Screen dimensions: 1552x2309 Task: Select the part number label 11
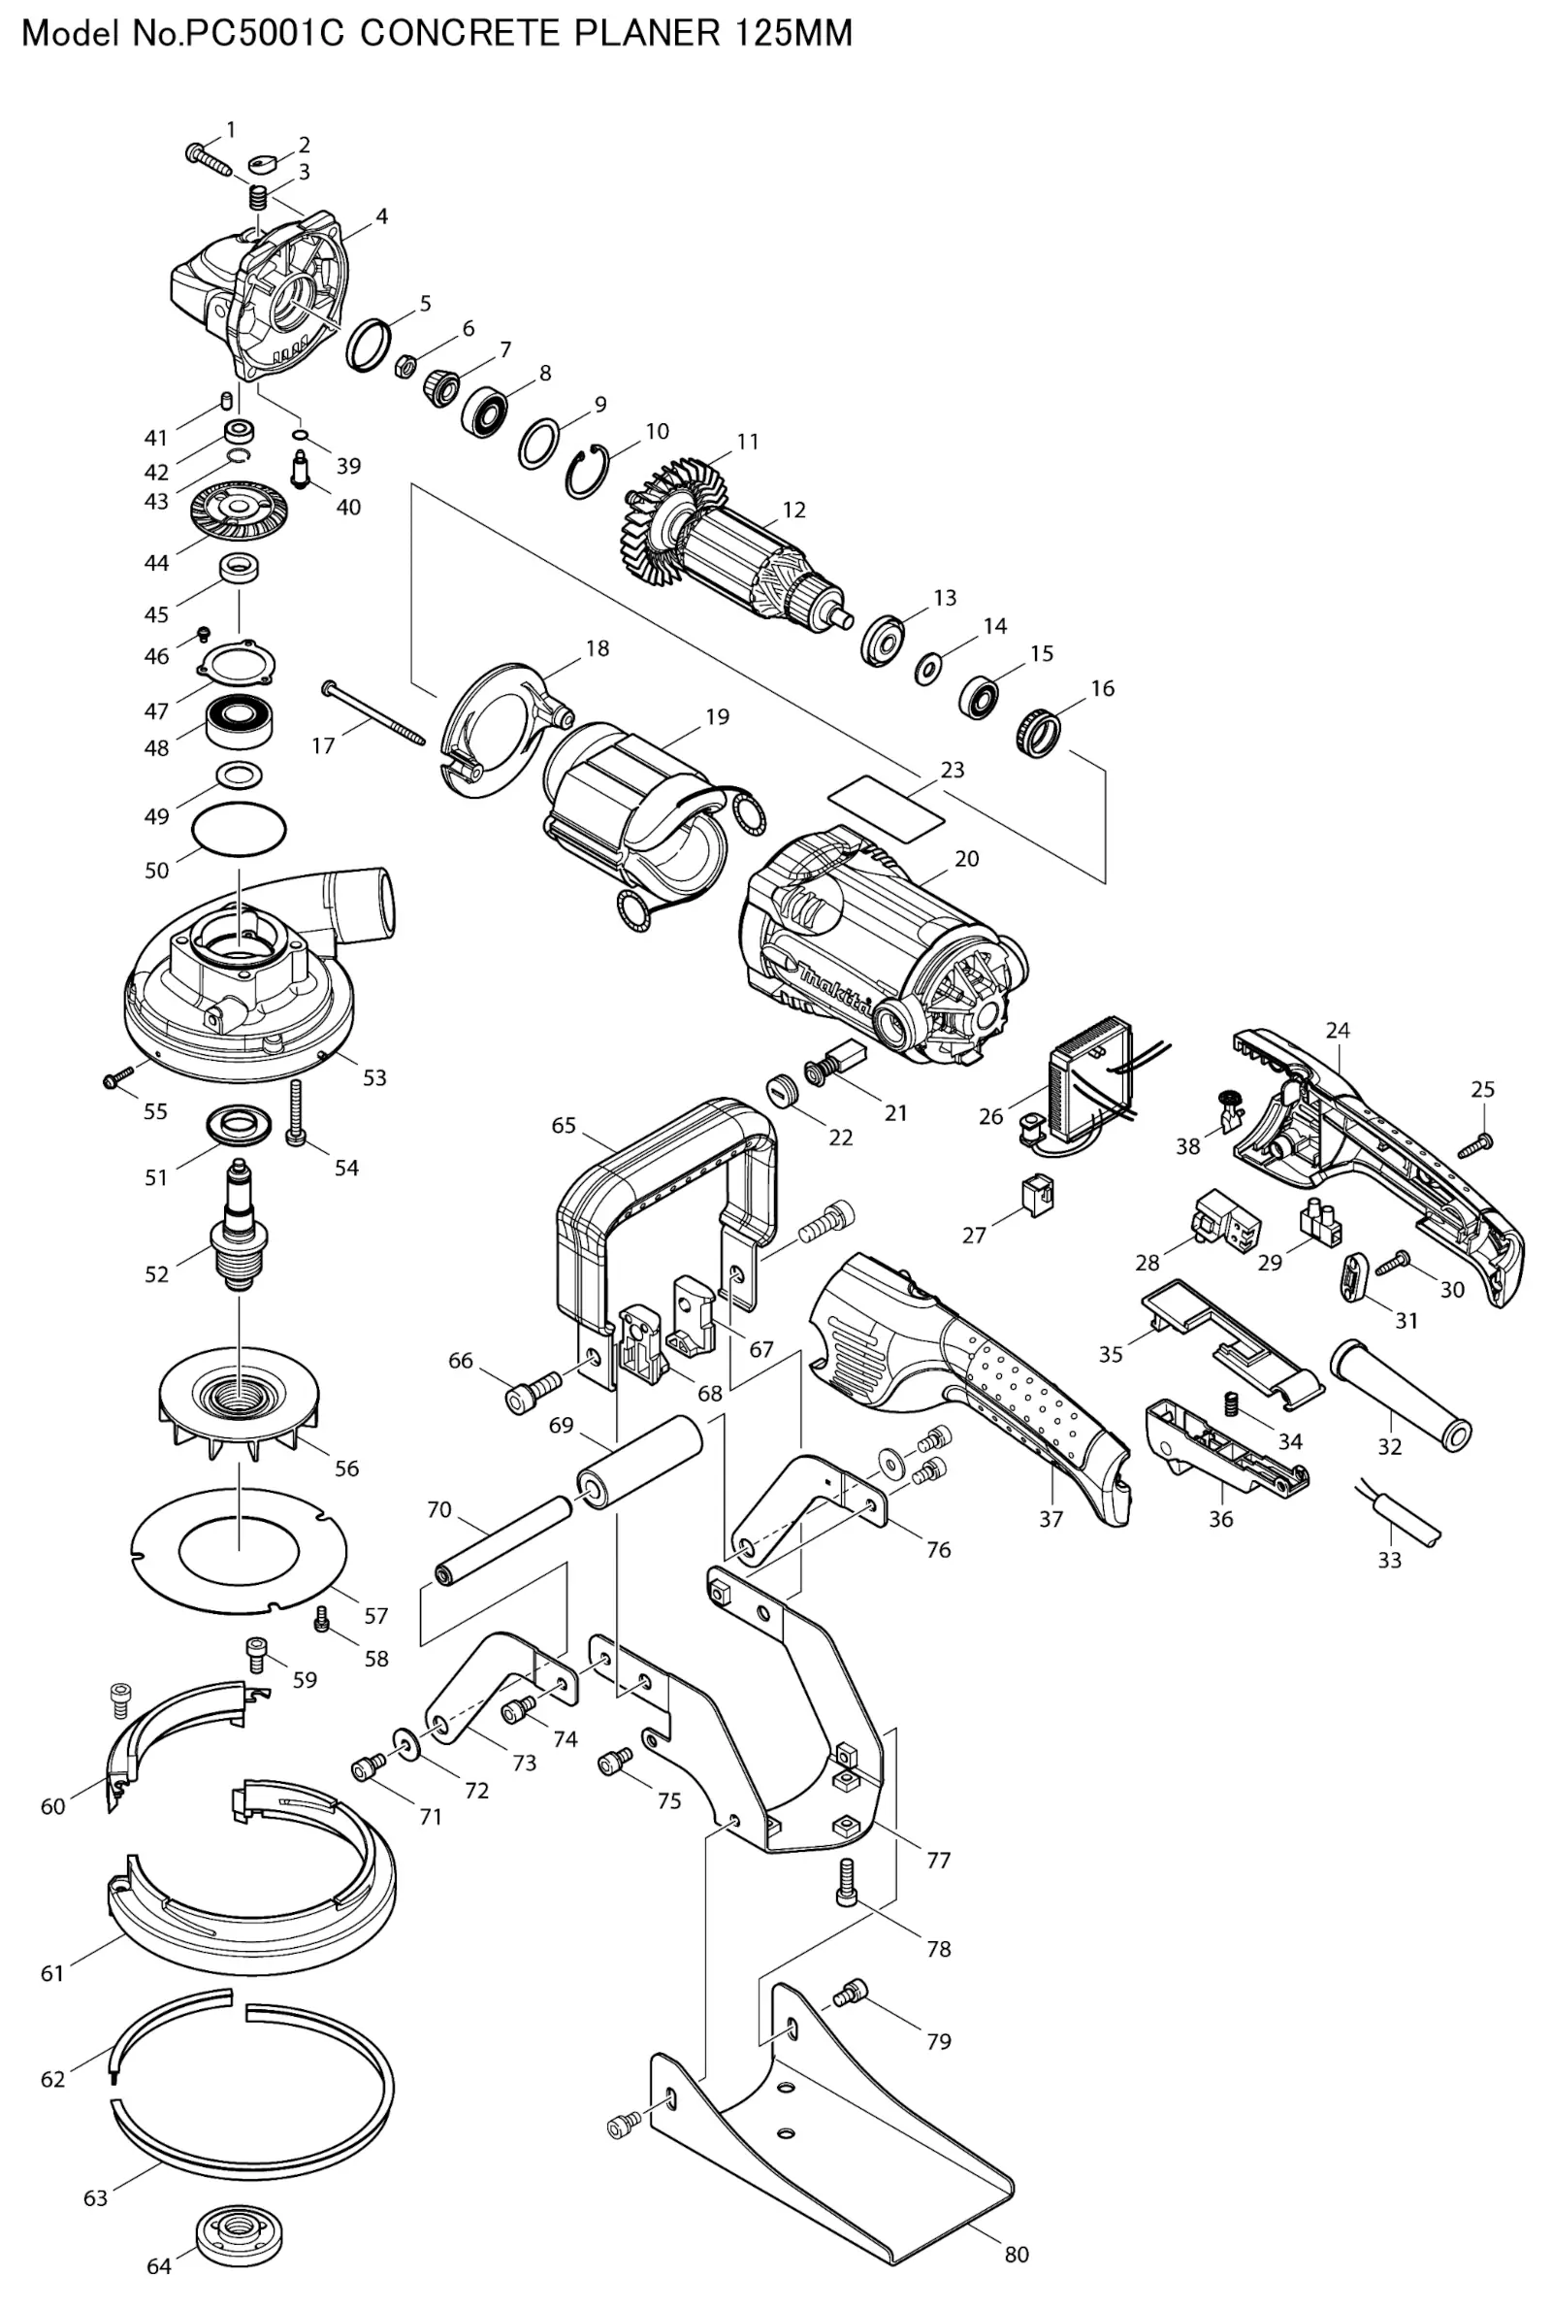[747, 442]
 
